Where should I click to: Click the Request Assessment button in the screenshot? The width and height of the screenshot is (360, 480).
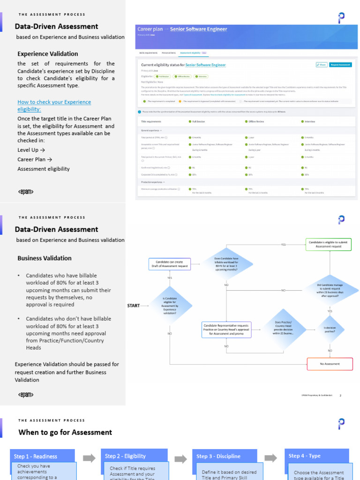point(340,65)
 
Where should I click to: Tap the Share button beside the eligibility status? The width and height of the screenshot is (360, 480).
point(322,65)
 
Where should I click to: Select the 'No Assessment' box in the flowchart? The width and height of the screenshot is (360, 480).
point(330,364)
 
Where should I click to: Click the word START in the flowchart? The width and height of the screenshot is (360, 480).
point(134,306)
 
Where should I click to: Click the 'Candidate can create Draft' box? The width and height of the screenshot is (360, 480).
point(170,264)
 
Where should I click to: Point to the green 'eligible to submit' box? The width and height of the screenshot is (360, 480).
point(329,244)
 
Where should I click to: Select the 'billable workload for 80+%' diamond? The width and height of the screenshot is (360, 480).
point(226,264)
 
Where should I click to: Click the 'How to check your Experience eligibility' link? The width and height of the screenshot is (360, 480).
point(54,105)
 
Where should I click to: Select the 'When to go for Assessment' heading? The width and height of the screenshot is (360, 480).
point(65,432)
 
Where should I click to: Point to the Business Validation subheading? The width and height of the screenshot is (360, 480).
point(45,258)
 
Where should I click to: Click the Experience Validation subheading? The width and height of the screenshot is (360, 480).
point(48,53)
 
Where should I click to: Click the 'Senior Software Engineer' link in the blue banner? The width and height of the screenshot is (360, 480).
point(198,29)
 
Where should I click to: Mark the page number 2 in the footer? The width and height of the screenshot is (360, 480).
point(340,395)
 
